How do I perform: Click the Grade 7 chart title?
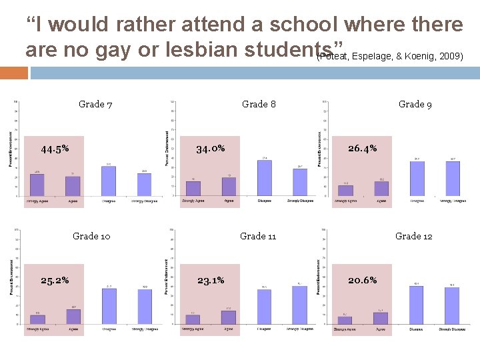click(95, 104)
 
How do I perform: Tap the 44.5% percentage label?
click(55, 149)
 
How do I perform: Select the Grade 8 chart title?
click(259, 104)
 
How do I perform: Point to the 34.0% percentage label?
click(210, 148)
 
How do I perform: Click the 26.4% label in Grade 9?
click(362, 148)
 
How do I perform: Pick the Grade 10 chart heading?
click(91, 236)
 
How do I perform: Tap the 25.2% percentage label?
click(55, 280)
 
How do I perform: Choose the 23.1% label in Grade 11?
click(211, 280)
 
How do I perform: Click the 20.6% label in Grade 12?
click(362, 280)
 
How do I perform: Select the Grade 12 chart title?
click(413, 236)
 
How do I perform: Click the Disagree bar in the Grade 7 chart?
click(109, 181)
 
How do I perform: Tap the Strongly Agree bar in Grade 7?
click(38, 185)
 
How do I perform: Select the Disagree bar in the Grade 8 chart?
click(264, 178)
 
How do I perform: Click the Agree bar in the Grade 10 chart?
click(73, 317)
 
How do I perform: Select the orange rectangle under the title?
click(13, 71)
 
